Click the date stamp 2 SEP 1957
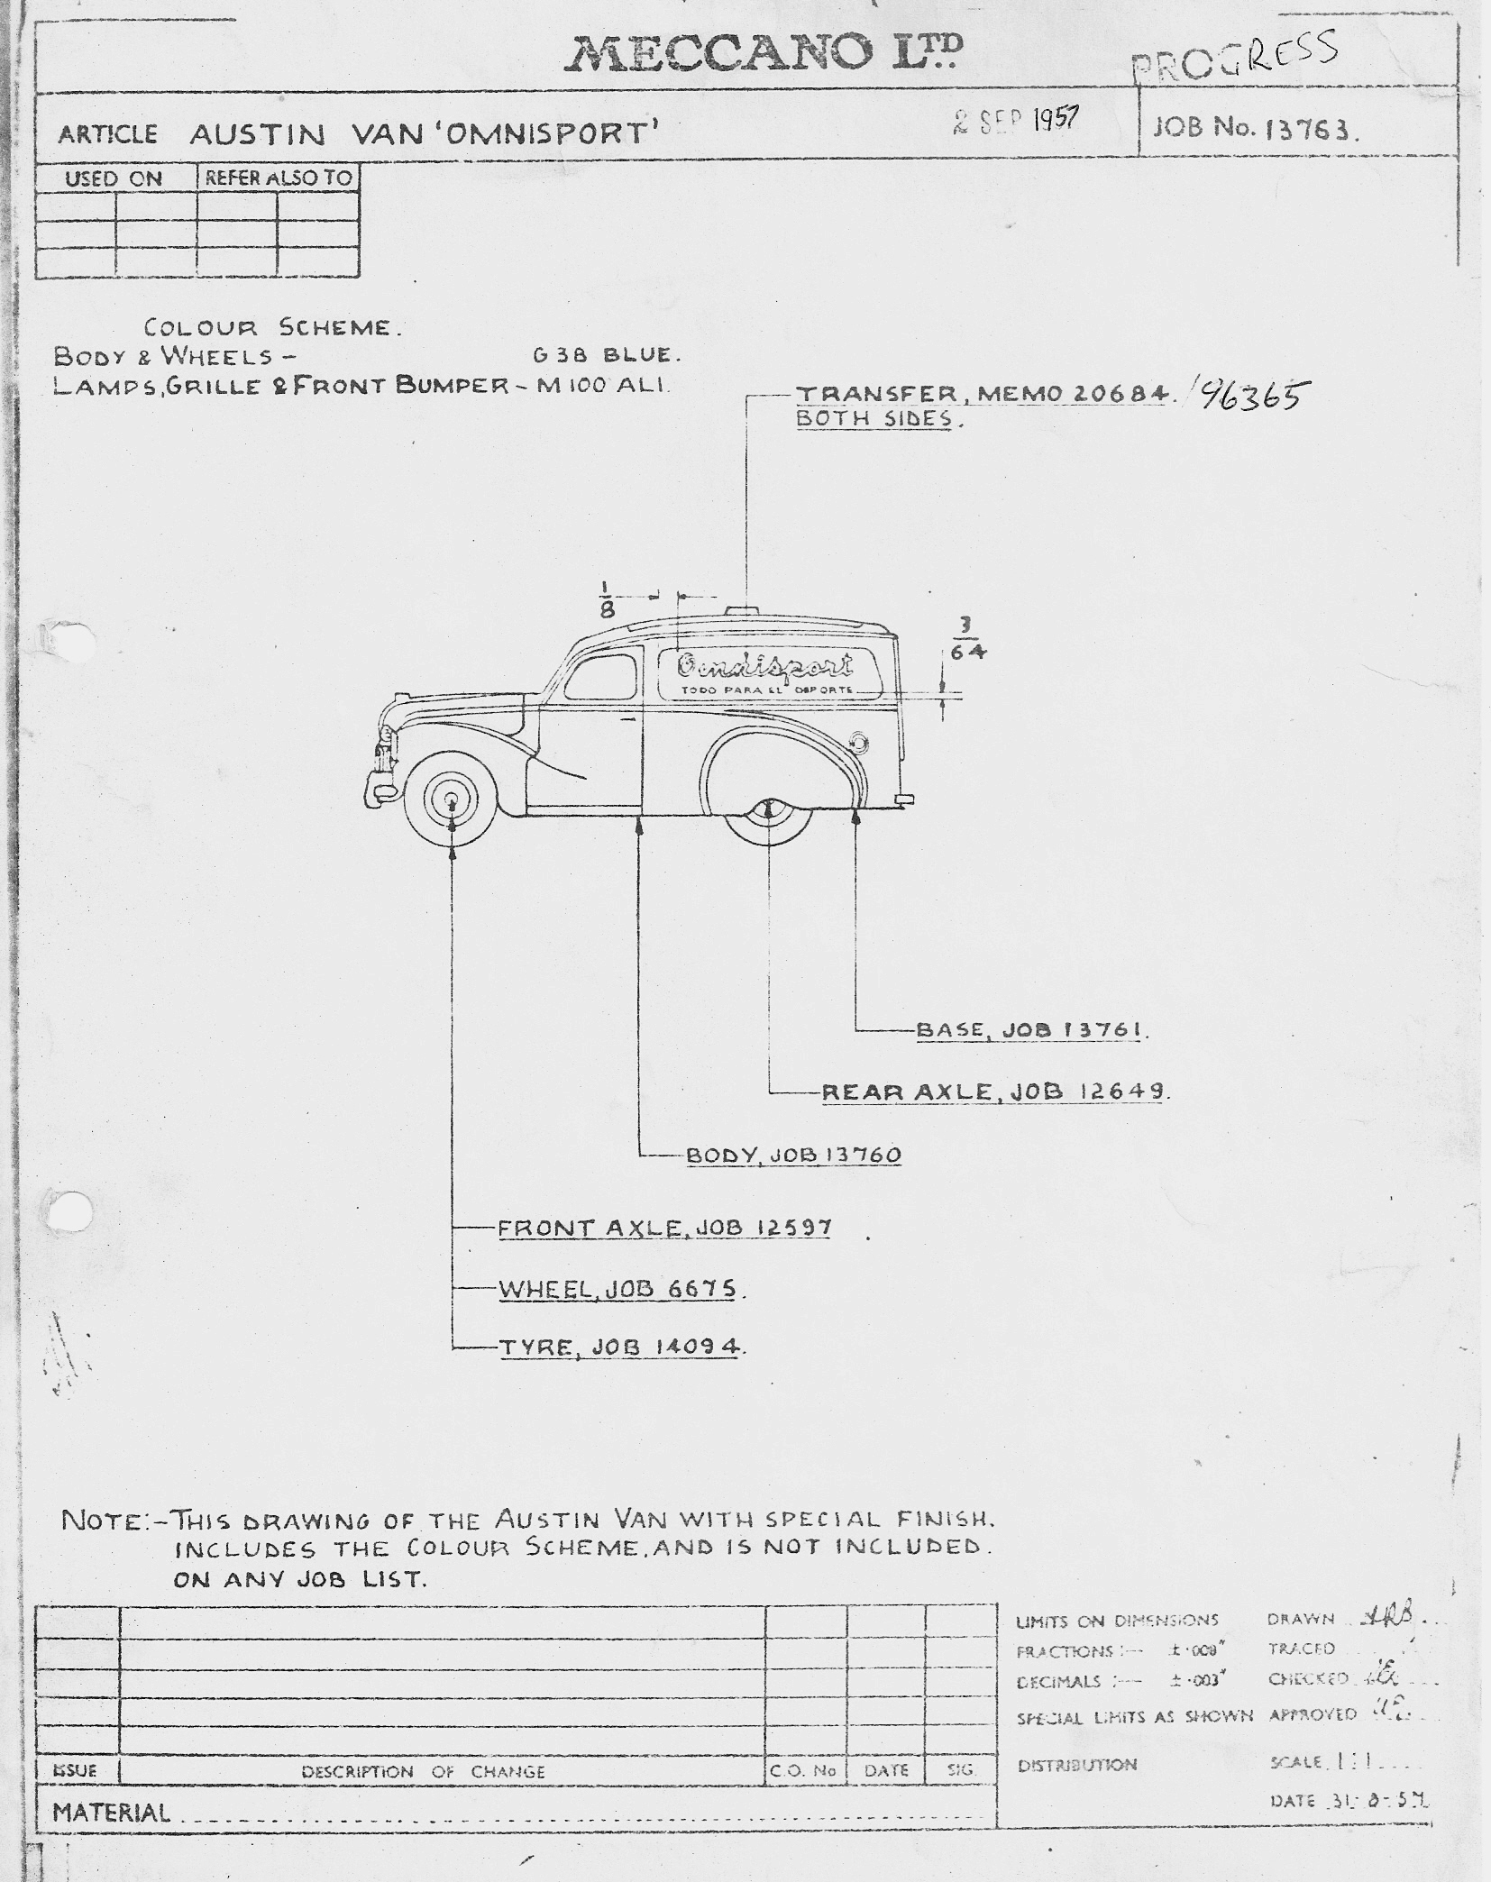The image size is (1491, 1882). tap(1016, 122)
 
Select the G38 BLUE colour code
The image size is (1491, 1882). tap(607, 354)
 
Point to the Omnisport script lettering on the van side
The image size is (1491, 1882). tap(765, 666)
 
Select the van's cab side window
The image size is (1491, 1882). tap(601, 676)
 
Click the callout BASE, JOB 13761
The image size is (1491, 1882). tap(1031, 1029)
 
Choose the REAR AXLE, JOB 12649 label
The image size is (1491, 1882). tap(994, 1092)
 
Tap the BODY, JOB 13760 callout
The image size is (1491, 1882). tap(793, 1155)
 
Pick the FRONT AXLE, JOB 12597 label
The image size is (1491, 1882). tap(664, 1228)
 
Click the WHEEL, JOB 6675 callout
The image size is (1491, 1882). tap(618, 1289)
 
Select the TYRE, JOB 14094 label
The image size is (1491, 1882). tap(621, 1348)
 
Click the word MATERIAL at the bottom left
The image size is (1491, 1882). tap(111, 1812)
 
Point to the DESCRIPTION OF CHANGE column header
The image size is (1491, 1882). tap(423, 1771)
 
